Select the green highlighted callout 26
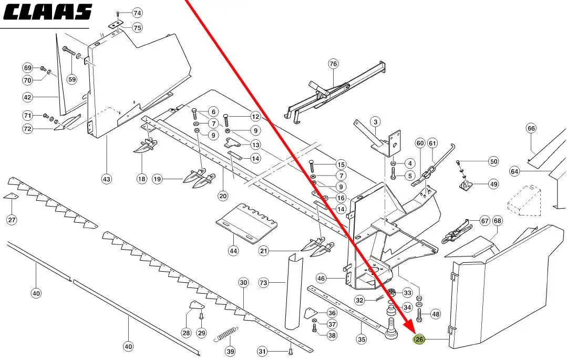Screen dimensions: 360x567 419,340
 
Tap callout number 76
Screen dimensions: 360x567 333,64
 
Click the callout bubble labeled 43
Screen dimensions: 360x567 107,179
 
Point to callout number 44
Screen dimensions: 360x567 233,251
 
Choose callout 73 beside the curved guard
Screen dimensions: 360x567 264,283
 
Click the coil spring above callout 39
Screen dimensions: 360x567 226,334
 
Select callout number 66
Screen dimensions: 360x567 531,129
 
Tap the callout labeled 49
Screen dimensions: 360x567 493,184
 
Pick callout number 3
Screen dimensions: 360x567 375,122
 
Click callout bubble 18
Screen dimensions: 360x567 142,179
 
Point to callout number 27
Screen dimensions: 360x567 12,220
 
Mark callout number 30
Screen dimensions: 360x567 243,283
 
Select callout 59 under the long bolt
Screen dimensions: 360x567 71,80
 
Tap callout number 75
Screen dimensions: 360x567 137,27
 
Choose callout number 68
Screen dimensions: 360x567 497,221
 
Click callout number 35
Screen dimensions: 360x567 361,340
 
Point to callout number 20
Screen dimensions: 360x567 223,196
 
